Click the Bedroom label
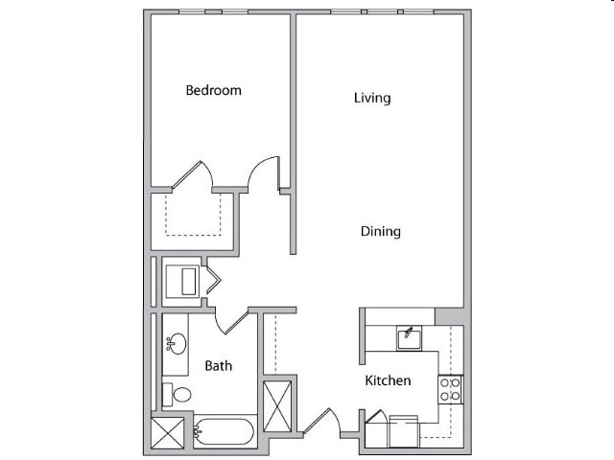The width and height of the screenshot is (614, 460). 213,91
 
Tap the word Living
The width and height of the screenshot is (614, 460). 372,98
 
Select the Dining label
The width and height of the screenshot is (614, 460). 380,231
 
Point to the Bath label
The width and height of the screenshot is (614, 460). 218,365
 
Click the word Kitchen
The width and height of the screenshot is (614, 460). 388,380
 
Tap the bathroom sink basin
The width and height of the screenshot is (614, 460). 176,342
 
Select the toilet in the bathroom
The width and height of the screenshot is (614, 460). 177,394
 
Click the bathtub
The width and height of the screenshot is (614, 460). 224,432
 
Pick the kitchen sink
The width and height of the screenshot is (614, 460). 408,335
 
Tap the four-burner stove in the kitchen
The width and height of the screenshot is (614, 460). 451,388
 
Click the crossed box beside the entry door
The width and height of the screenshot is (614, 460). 279,404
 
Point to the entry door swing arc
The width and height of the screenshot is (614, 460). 326,422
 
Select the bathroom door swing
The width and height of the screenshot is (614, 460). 230,319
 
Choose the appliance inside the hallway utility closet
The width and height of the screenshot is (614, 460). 181,281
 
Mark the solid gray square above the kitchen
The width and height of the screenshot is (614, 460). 448,317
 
